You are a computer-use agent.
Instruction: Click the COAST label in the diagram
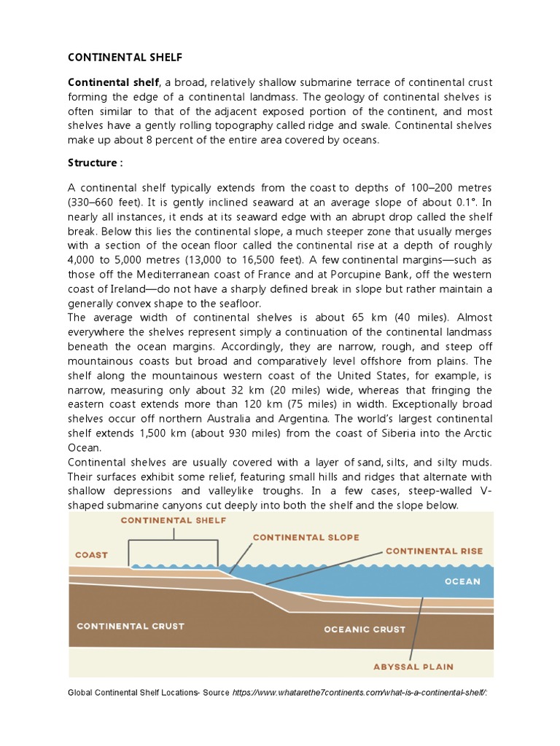pos(91,554)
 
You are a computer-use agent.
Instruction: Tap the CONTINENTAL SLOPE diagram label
pos(306,538)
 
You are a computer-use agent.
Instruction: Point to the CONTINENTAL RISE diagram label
pos(433,551)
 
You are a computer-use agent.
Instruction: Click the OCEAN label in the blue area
pos(462,581)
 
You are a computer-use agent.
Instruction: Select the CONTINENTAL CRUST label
pos(131,626)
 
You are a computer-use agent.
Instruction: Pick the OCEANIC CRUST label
pos(364,629)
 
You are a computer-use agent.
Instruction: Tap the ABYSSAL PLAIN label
pos(413,666)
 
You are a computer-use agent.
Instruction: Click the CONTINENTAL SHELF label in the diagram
pos(173,520)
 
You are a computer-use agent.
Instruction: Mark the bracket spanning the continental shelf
pos(174,541)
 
